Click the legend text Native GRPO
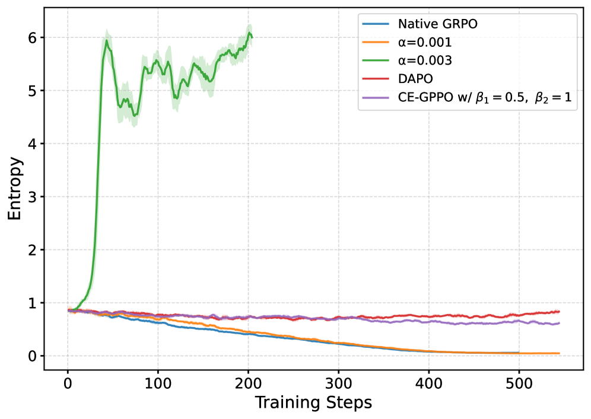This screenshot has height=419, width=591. [437, 24]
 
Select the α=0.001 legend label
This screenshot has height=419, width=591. [425, 43]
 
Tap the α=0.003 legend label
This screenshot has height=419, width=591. [425, 61]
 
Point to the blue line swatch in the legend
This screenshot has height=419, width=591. [376, 24]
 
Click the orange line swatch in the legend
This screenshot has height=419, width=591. [376, 43]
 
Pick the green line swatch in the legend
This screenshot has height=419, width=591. [376, 61]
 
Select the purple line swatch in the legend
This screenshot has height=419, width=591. [376, 98]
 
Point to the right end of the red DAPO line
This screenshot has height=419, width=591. [559, 311]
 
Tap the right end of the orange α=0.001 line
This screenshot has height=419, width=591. [559, 353]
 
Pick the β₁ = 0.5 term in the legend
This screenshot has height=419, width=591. [503, 98]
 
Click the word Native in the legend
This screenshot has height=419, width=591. [417, 24]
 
